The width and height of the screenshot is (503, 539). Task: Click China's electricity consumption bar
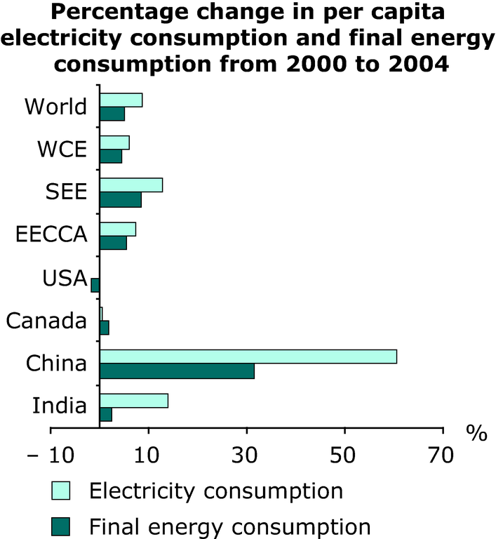point(248,357)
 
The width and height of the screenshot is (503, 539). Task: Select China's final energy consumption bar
point(177,371)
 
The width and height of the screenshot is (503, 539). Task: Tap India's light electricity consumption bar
point(133,400)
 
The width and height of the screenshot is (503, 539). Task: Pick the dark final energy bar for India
point(106,415)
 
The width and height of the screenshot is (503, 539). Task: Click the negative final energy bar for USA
point(95,285)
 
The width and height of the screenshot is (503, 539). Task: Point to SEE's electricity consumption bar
point(131,185)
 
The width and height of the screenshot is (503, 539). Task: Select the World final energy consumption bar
point(112,114)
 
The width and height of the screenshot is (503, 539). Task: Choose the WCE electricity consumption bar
point(114,142)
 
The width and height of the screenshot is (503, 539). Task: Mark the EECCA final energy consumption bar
point(113,243)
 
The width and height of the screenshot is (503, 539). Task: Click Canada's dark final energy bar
point(105,328)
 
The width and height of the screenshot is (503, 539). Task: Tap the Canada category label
point(46,321)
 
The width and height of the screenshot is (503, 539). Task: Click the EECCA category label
point(51,235)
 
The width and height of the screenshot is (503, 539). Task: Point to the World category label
point(55,107)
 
